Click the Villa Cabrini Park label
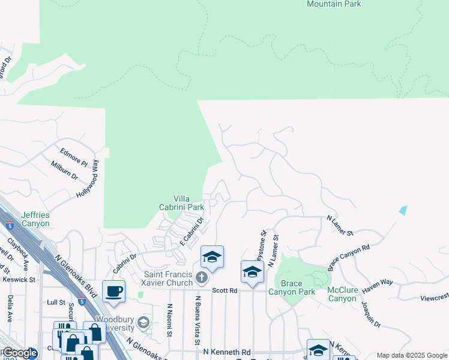point(189,203)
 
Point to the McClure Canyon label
point(342,294)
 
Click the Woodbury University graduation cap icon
point(143,323)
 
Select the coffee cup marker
point(114,292)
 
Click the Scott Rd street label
point(225,290)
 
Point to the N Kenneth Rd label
point(227,352)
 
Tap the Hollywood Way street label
point(88,179)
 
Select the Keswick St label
point(19,279)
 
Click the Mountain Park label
point(334,4)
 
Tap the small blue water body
point(402,211)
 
